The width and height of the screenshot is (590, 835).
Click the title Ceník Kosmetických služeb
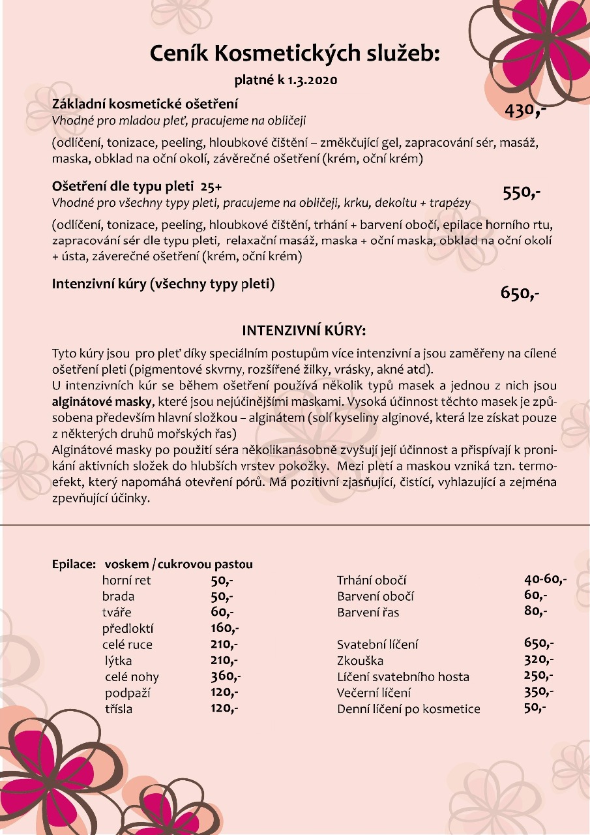point(295,53)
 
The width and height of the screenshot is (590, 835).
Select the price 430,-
point(524,111)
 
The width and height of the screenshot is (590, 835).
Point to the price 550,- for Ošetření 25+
point(522,192)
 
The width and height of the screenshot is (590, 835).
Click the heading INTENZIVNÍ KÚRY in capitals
point(304,330)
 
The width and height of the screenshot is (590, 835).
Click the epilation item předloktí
point(128,629)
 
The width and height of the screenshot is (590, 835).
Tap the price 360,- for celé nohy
point(226,676)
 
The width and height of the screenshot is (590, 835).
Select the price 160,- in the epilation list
point(225,628)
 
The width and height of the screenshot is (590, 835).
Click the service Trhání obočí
point(372,580)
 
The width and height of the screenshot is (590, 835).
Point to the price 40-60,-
point(545,579)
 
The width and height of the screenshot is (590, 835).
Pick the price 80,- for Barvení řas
point(535,611)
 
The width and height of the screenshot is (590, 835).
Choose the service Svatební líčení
point(377,645)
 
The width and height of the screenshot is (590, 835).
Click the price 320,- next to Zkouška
point(538,660)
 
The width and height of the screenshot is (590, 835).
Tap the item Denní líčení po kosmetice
point(408,709)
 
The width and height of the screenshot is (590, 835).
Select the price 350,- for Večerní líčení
point(538,691)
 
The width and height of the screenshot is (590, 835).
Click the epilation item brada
point(118,596)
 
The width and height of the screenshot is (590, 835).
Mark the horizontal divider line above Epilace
point(295,524)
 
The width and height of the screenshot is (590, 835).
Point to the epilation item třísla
point(119,708)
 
